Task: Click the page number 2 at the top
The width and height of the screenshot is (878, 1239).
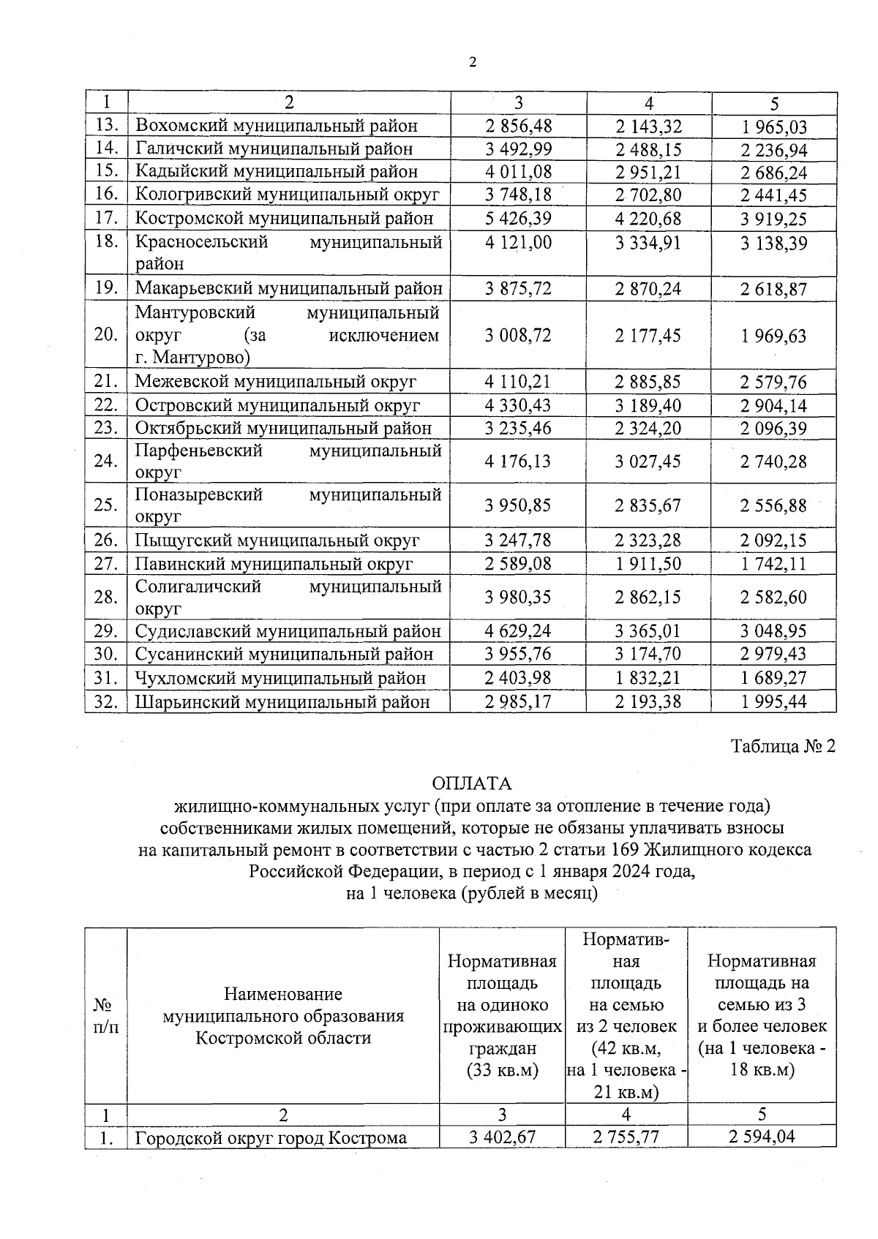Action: (472, 63)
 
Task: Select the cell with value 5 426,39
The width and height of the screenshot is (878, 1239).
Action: (518, 219)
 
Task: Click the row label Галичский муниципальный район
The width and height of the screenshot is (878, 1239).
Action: (274, 149)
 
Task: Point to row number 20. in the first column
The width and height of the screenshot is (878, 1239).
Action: (106, 335)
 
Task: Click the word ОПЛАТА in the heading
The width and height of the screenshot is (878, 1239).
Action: (472, 783)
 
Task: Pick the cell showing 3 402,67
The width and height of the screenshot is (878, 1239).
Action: (502, 1137)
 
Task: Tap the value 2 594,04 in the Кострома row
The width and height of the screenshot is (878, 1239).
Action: (762, 1137)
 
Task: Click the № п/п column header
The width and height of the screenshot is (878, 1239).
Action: (106, 1016)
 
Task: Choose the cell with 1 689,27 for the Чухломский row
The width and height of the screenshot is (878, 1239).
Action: (773, 678)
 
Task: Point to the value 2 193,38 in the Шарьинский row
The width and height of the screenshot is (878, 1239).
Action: (648, 702)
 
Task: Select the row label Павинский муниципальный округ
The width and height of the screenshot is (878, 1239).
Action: (274, 564)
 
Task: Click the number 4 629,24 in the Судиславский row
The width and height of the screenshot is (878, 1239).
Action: (518, 631)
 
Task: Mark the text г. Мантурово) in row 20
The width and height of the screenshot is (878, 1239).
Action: (192, 358)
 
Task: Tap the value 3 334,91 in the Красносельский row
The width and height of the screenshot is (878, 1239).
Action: (648, 243)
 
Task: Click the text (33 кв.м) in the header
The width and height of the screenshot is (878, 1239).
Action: (502, 1070)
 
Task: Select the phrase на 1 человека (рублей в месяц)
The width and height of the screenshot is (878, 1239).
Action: (472, 893)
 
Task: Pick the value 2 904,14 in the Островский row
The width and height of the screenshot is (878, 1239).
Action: (773, 406)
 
